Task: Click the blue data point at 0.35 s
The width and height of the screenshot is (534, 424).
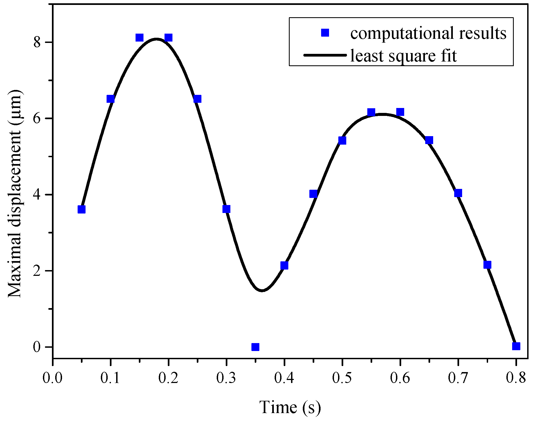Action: [255, 347]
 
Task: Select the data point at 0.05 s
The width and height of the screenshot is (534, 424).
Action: [81, 209]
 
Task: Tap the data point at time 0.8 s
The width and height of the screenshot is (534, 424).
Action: [516, 346]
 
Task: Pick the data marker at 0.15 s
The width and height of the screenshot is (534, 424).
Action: [139, 37]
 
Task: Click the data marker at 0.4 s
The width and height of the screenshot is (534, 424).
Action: [284, 265]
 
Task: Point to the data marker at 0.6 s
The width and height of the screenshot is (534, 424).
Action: [400, 112]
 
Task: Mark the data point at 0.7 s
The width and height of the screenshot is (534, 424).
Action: [458, 193]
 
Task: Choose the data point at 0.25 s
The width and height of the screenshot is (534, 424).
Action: [197, 99]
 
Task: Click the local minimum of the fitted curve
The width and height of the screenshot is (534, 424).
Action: [262, 290]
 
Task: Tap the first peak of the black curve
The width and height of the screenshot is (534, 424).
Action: [156, 39]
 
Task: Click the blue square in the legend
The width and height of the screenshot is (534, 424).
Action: [325, 33]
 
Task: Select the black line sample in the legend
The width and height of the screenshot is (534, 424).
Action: [325, 55]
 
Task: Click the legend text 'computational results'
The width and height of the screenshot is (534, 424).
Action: [428, 33]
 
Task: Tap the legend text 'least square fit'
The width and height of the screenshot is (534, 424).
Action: [403, 56]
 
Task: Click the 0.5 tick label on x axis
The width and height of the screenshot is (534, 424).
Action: [342, 378]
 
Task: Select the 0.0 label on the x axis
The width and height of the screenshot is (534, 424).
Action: [52, 378]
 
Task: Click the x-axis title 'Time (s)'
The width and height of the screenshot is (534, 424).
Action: [290, 407]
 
